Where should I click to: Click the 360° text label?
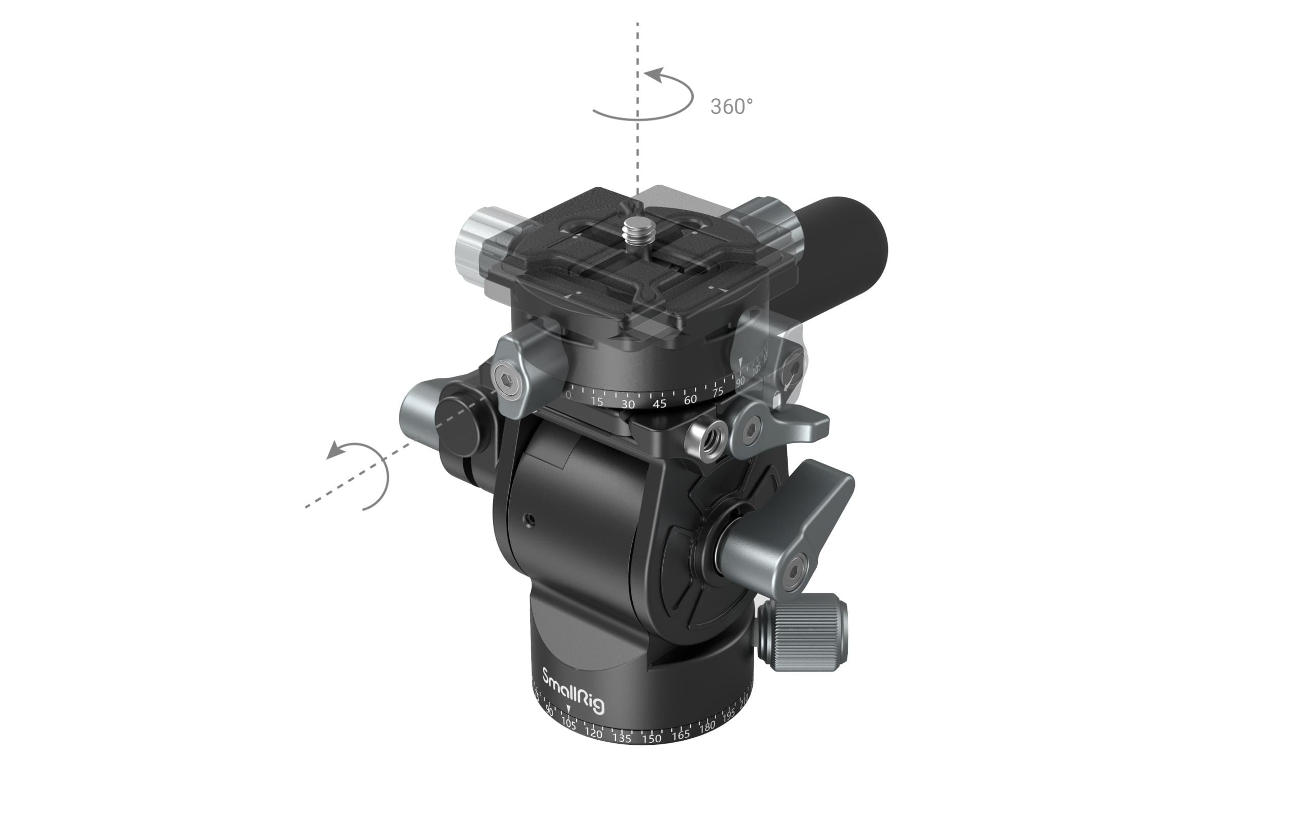[x=731, y=107]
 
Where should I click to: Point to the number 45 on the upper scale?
[x=659, y=404]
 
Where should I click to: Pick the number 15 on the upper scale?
[x=597, y=401]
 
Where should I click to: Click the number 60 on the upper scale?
[x=690, y=399]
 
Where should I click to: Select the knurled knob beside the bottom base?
[x=805, y=632]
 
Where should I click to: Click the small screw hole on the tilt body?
[x=529, y=520]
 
